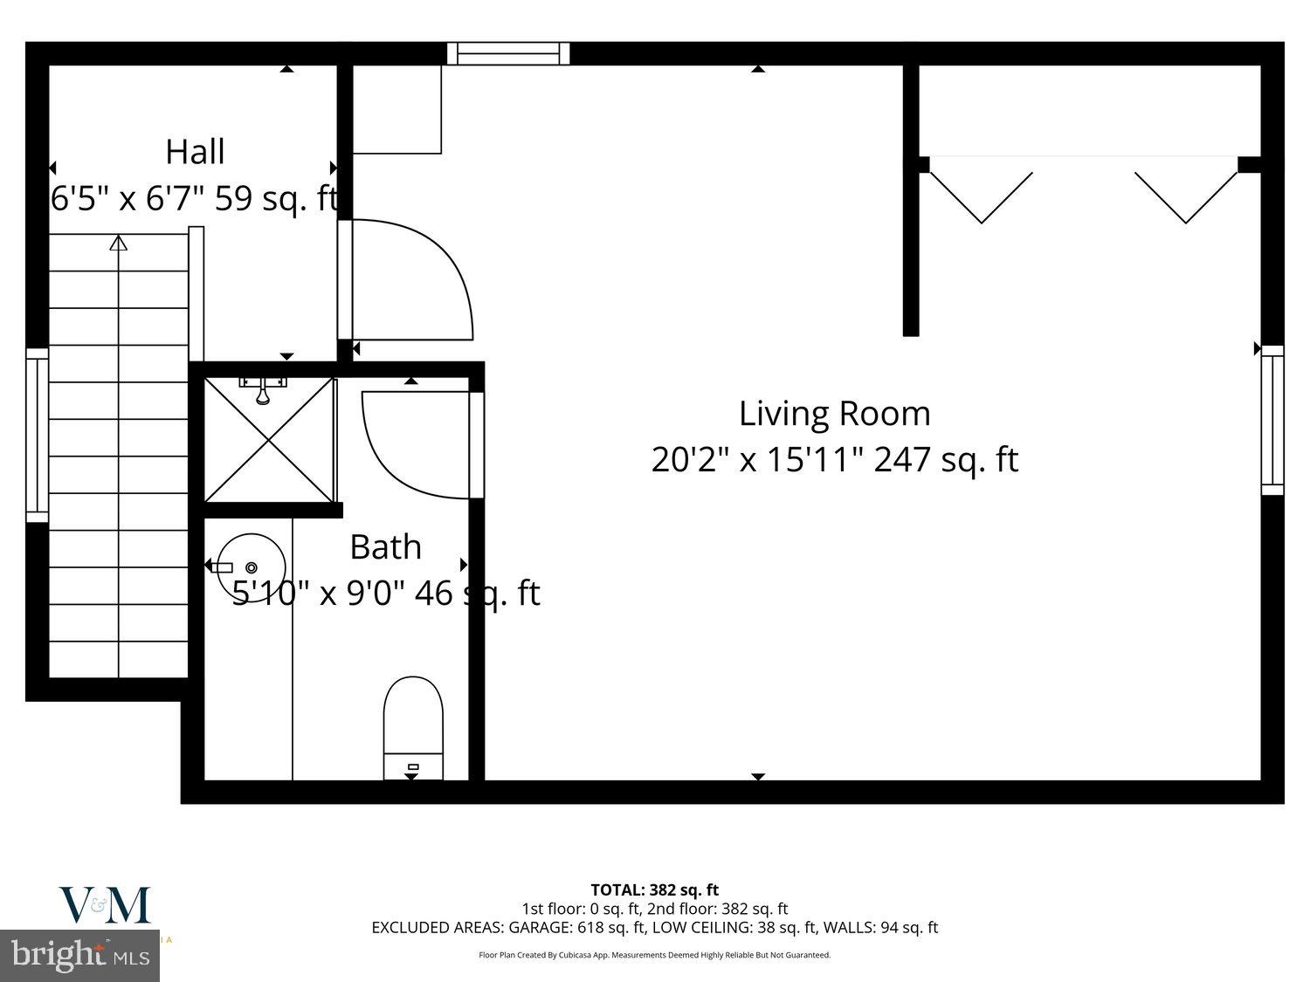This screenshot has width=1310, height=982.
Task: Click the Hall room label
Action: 195,152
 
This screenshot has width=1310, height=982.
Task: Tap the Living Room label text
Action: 834,413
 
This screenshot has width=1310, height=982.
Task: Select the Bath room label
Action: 385,547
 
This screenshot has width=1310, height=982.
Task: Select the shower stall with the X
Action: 269,440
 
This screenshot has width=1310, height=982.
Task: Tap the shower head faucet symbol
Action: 263,389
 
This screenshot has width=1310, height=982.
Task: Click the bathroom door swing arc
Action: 410,445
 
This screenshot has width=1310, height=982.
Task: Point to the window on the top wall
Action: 508,53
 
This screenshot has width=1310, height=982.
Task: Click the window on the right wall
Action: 1272,420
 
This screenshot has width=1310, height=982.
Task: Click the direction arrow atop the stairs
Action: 118,244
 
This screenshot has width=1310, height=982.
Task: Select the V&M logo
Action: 105,905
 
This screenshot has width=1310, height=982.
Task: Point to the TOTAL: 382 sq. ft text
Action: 654,889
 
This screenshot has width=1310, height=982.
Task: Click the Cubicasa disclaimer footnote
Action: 654,955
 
